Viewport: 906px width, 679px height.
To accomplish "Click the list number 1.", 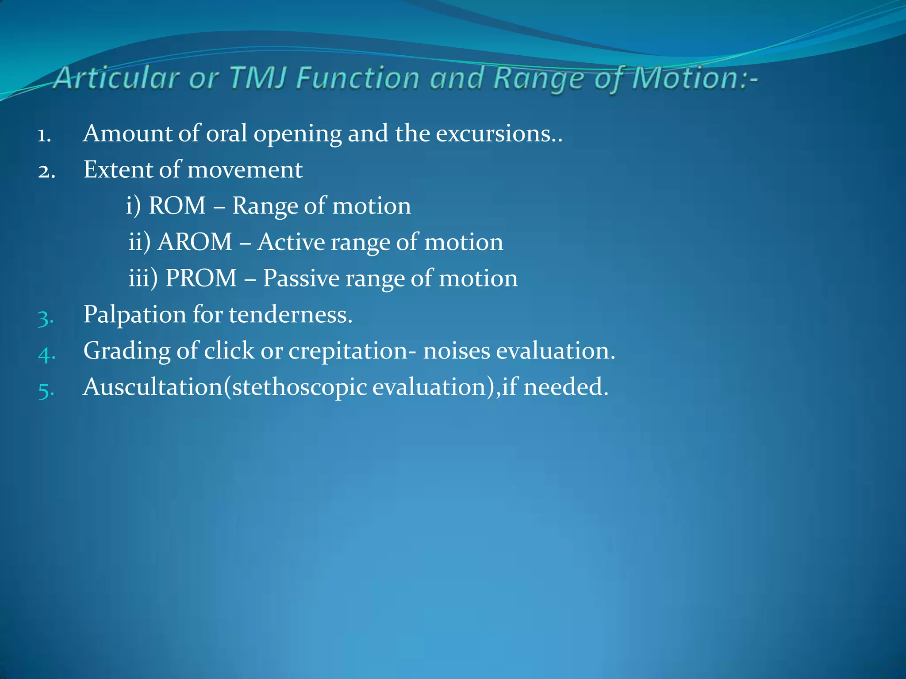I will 44,135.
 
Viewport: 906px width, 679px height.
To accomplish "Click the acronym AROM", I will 195,242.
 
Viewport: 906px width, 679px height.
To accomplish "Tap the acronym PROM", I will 201,278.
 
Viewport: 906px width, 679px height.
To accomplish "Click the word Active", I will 291,242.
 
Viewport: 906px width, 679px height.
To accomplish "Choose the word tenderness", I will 290,315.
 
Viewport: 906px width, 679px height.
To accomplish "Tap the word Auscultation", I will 153,387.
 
